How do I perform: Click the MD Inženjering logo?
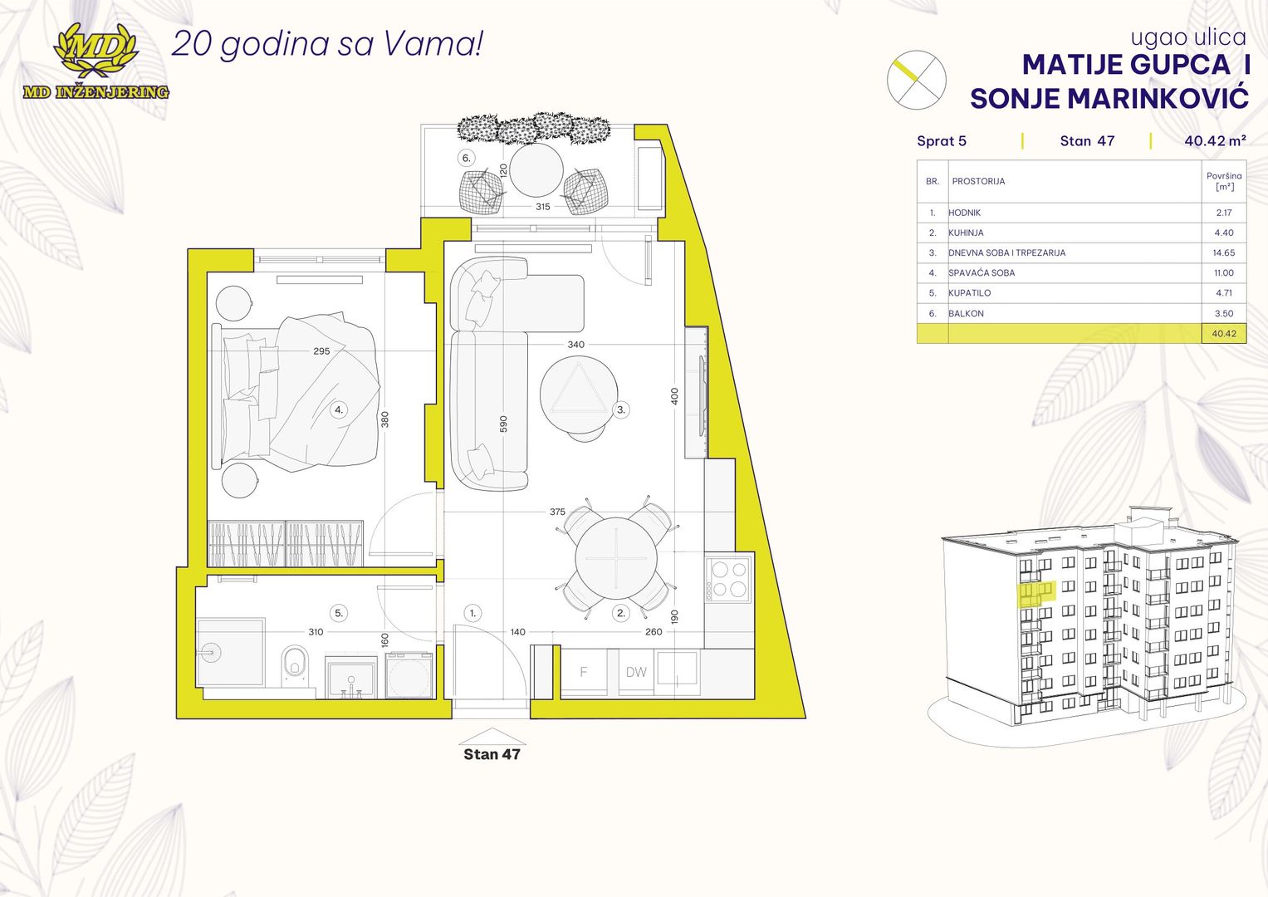[95, 62]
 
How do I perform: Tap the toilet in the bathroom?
[294, 664]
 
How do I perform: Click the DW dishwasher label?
[636, 673]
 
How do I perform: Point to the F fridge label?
[584, 673]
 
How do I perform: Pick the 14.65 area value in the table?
[1223, 252]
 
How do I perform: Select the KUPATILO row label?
[969, 293]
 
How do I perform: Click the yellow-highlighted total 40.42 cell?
[1223, 334]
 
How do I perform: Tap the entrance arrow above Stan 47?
[492, 737]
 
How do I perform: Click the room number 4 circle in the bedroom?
[339, 409]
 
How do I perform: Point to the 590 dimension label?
[503, 424]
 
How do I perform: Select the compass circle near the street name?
[916, 80]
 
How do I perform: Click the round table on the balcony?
[536, 170]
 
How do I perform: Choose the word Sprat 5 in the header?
[942, 141]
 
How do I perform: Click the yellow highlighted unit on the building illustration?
[1035, 592]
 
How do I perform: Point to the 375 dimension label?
[557, 512]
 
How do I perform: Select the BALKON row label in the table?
[966, 314]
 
